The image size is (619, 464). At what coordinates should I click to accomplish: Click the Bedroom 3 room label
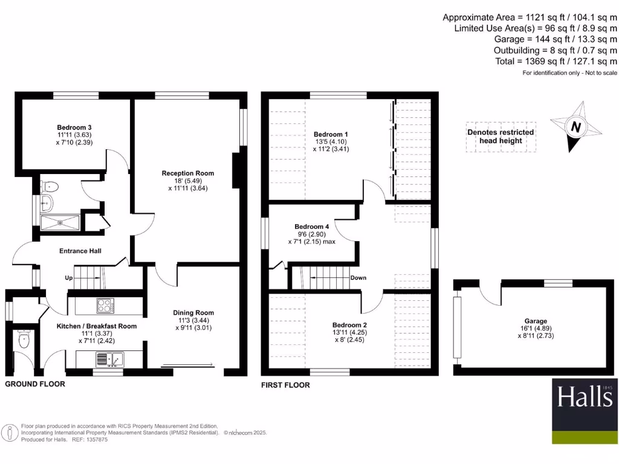click(74, 127)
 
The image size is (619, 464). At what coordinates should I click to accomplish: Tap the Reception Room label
click(187, 173)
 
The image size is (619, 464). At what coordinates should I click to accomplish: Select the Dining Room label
click(193, 312)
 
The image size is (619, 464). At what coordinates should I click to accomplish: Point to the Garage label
click(536, 321)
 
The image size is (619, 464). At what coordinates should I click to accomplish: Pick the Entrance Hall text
click(80, 251)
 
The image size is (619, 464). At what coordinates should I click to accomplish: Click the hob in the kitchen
click(105, 306)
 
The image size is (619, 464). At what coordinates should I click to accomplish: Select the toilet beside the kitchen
click(24, 340)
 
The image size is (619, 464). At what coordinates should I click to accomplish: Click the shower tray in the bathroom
click(60, 221)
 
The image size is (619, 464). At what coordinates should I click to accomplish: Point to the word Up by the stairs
click(70, 278)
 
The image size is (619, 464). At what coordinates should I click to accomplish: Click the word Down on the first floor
click(358, 278)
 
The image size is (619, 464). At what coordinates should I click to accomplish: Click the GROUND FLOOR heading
click(34, 384)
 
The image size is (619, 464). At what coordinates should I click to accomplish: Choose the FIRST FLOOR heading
click(285, 385)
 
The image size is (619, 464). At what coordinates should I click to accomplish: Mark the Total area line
click(555, 61)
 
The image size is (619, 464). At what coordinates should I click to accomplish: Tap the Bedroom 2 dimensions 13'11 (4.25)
click(349, 332)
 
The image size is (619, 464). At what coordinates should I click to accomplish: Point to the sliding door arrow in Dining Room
click(187, 365)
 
